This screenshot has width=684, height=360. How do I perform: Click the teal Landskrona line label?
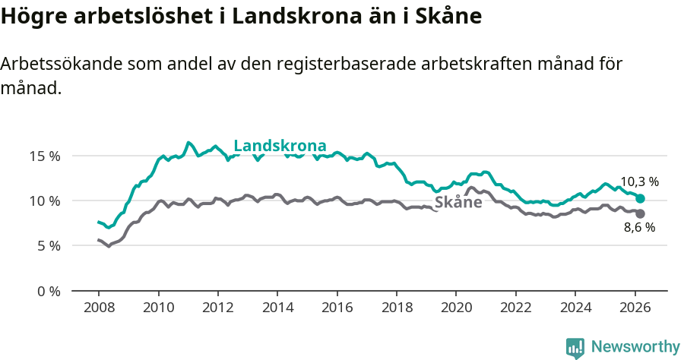coord(280,146)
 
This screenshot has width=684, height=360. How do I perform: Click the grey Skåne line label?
coord(458,202)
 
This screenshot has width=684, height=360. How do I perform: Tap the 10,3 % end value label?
coord(639,182)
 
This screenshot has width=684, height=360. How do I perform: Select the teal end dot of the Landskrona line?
coord(641,198)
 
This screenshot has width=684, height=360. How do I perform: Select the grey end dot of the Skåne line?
coord(640,213)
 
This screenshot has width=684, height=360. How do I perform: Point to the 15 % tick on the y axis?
coord(44,156)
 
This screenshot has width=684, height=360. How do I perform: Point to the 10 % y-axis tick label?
coord(44,201)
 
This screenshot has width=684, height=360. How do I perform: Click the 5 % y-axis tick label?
coord(47,246)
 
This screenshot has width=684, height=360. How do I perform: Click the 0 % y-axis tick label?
coord(47,291)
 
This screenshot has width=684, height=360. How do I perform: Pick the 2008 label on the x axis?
coord(99,308)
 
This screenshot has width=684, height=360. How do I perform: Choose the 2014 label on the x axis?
coord(277,308)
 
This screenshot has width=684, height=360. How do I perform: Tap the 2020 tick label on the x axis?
coord(455,308)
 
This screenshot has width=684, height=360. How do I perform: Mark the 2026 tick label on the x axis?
coord(633,308)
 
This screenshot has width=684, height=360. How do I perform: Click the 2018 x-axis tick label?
coord(396,308)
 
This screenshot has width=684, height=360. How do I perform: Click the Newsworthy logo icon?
coord(575,348)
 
